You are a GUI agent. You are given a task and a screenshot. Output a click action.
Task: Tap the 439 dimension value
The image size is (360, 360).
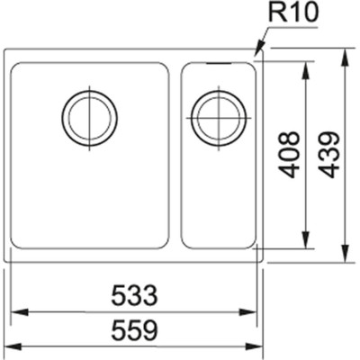(x=330, y=155)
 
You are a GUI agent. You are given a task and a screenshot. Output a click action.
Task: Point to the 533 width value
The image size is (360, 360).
(x=135, y=295)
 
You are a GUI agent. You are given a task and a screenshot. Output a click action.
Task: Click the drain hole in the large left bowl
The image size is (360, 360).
(x=89, y=116)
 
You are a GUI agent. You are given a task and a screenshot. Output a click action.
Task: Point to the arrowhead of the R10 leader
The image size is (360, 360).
(x=258, y=55)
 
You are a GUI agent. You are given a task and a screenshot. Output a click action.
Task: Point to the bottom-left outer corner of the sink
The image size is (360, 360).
(x=6, y=261)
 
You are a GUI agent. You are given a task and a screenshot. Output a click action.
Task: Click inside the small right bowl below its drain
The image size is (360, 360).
(x=218, y=198)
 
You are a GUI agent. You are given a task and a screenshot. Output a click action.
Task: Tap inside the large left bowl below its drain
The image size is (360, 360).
(x=89, y=198)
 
